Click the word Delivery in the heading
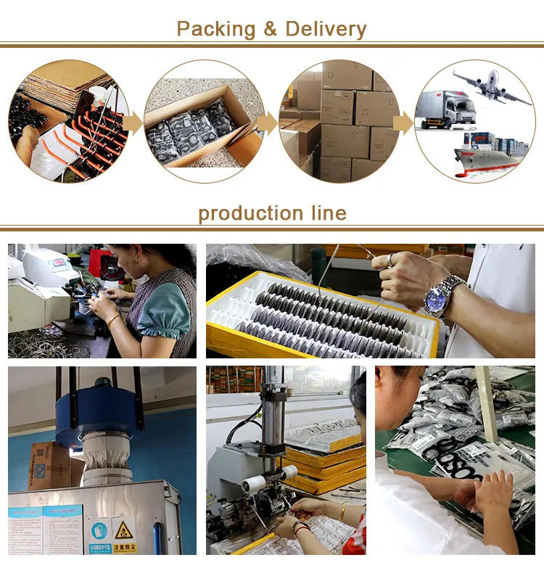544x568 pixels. pyautogui.click(x=326, y=30)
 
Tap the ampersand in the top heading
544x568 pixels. pyautogui.click(x=271, y=30)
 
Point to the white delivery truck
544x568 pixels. pyautogui.click(x=444, y=110)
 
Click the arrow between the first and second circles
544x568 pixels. pyautogui.click(x=133, y=124)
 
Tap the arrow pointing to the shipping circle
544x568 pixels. pyautogui.click(x=403, y=124)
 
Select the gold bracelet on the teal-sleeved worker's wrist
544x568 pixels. pyautogui.click(x=114, y=320)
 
